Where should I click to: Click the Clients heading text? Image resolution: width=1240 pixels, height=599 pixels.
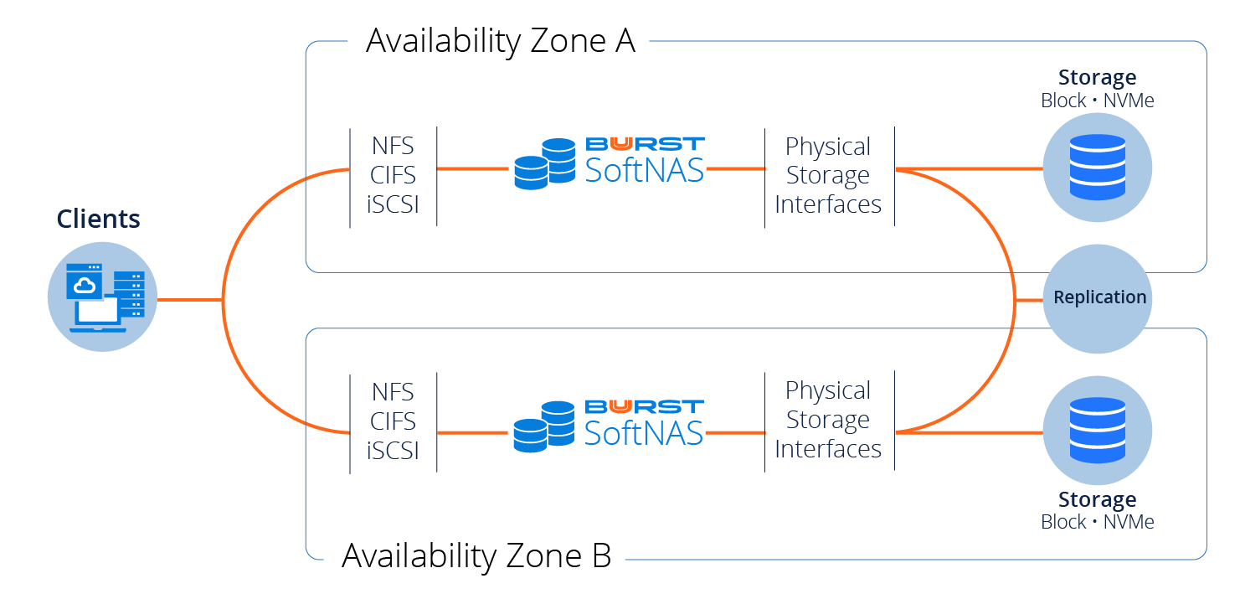98,219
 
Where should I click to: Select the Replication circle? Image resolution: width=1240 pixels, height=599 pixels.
1099,297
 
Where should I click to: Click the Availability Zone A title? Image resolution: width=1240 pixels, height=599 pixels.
500,40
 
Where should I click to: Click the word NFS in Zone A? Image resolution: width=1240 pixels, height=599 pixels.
394,146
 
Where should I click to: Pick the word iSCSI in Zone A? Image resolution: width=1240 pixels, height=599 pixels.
393,204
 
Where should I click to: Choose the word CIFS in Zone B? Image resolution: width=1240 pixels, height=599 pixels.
394,421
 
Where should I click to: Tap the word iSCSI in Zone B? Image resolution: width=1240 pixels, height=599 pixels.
393,450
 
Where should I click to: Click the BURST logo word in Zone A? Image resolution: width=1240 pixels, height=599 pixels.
645,144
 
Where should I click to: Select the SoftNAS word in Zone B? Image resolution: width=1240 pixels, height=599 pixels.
644,433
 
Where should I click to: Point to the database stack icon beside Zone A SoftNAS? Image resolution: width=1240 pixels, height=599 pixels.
544,164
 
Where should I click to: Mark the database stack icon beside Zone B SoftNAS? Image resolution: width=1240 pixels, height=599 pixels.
544,427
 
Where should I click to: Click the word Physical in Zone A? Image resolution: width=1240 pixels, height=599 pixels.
828,147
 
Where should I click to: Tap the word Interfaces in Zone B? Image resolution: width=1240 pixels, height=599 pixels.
828,449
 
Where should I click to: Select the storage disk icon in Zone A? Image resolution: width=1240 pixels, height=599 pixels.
1097,168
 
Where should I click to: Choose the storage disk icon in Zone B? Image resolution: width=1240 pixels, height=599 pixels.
1097,431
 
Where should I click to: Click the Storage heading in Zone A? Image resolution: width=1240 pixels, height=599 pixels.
1097,78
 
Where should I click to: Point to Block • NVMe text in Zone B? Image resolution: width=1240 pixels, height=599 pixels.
1097,522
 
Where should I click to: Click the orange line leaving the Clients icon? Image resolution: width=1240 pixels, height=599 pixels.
189,299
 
